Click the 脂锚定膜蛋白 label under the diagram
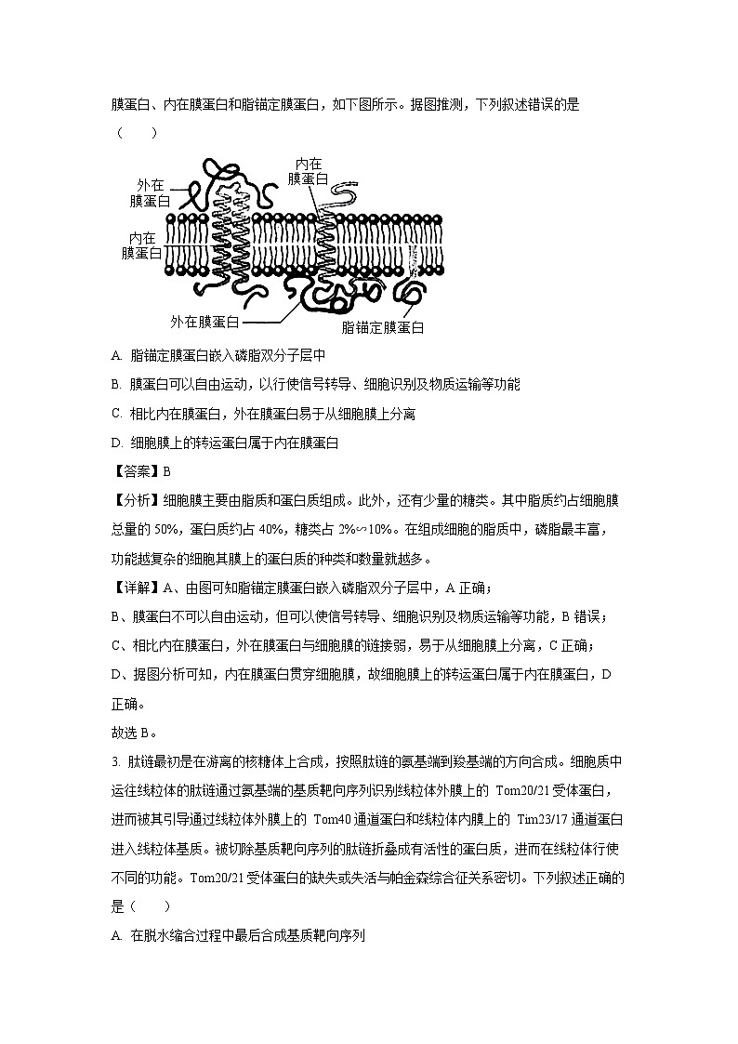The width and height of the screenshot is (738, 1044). [x=383, y=327]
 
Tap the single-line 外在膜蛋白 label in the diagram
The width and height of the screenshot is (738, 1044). [x=204, y=322]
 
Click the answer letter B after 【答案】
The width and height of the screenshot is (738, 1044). [x=167, y=470]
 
